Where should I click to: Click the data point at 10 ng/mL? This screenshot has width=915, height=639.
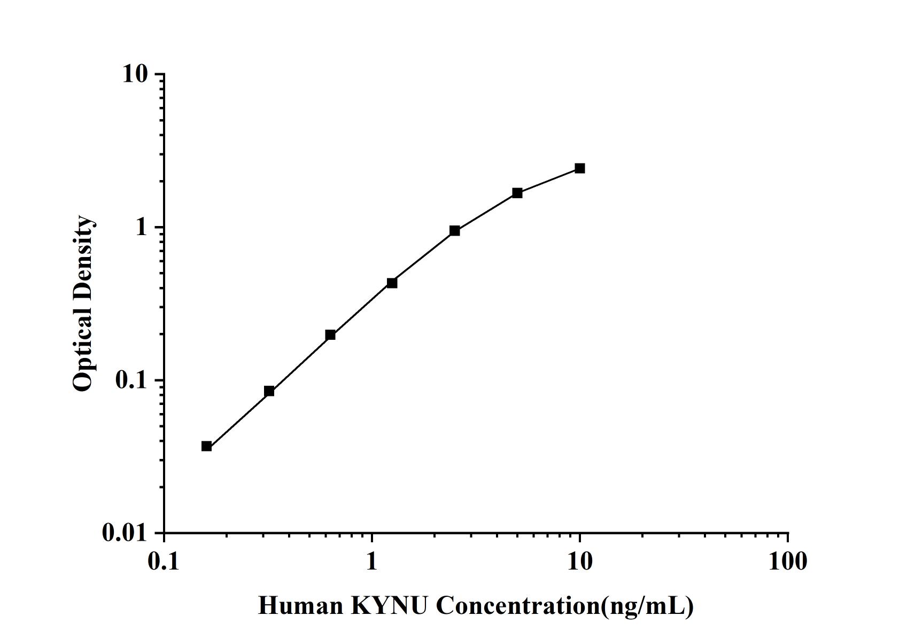pyautogui.click(x=579, y=168)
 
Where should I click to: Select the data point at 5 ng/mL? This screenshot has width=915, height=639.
pyautogui.click(x=517, y=193)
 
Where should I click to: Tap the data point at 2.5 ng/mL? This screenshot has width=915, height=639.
pyautogui.click(x=454, y=231)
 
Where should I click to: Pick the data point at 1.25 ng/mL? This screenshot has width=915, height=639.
pyautogui.click(x=392, y=283)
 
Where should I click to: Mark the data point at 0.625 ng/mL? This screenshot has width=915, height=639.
pyautogui.click(x=330, y=335)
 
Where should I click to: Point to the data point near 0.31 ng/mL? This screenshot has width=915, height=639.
pyautogui.click(x=269, y=391)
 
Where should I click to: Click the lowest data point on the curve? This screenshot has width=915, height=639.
pyautogui.click(x=206, y=446)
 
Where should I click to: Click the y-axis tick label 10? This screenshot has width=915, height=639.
pyautogui.click(x=135, y=74)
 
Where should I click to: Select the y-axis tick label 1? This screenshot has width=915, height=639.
pyautogui.click(x=141, y=228)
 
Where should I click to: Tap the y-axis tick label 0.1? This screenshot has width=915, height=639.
pyautogui.click(x=131, y=380)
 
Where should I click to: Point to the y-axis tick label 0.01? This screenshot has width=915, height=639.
pyautogui.click(x=125, y=533)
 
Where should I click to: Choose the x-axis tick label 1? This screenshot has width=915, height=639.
pyautogui.click(x=371, y=562)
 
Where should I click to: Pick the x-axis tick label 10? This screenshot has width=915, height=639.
pyautogui.click(x=579, y=562)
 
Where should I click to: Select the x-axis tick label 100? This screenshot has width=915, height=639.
pyautogui.click(x=787, y=562)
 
